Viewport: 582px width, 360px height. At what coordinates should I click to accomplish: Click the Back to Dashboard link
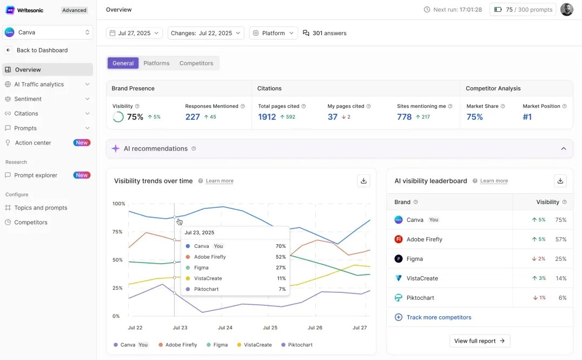[42, 50]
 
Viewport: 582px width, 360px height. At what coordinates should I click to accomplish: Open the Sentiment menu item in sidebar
[28, 99]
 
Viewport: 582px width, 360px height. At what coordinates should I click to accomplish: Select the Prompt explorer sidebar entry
[36, 175]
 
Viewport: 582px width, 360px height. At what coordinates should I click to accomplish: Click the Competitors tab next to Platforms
[196, 63]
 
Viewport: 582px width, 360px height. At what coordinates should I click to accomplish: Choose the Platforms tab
[156, 63]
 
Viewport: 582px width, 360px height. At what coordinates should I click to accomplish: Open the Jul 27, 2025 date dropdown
[135, 33]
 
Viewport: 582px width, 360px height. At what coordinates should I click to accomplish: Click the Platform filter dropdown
[273, 33]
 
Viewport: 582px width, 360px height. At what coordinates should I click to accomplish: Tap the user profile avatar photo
[566, 10]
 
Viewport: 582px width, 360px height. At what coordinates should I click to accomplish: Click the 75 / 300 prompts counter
[523, 10]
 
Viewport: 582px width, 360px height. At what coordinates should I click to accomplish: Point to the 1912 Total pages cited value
[267, 117]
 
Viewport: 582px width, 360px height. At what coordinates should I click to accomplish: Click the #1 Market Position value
[527, 117]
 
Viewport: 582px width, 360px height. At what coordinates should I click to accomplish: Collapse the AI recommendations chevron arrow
[563, 149]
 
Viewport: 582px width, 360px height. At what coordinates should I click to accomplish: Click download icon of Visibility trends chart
[363, 181]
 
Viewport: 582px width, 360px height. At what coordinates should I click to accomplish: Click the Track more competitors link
[439, 317]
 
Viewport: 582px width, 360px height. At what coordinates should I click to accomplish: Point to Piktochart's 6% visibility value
[562, 298]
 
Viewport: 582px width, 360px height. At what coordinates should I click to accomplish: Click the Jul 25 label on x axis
[270, 328]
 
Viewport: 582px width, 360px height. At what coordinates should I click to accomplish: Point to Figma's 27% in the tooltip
[280, 267]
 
